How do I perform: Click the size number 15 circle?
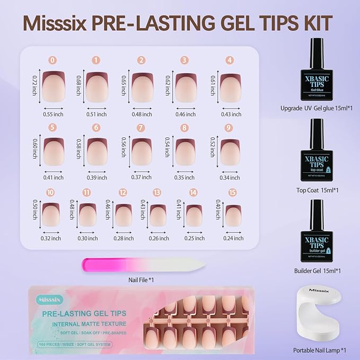click(x=232, y=192)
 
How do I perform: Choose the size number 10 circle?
click(x=51, y=192)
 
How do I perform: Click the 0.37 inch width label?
click(x=142, y=177)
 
